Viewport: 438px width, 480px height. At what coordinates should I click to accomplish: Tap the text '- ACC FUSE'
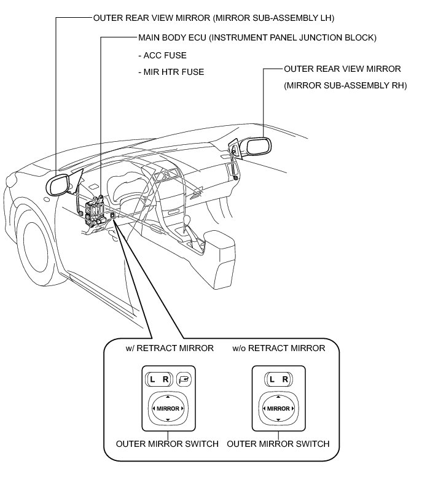click(x=162, y=55)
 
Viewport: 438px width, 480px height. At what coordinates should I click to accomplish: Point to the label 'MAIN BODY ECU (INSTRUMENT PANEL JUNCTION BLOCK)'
click(x=257, y=37)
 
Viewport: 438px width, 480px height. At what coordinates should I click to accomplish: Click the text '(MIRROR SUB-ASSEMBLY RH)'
click(x=345, y=85)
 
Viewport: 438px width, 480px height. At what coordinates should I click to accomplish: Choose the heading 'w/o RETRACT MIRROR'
click(x=278, y=348)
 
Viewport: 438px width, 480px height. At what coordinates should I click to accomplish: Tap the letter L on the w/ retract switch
click(x=152, y=379)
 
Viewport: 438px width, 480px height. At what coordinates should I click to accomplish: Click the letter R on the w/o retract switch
click(x=285, y=379)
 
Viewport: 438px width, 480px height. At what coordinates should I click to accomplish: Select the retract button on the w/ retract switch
click(x=184, y=379)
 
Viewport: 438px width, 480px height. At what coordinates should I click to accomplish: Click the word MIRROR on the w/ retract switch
click(x=168, y=408)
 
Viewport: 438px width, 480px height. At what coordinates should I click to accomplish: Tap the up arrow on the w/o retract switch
click(x=279, y=397)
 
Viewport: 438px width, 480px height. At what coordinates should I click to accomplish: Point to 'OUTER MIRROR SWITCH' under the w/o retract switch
click(x=278, y=444)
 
